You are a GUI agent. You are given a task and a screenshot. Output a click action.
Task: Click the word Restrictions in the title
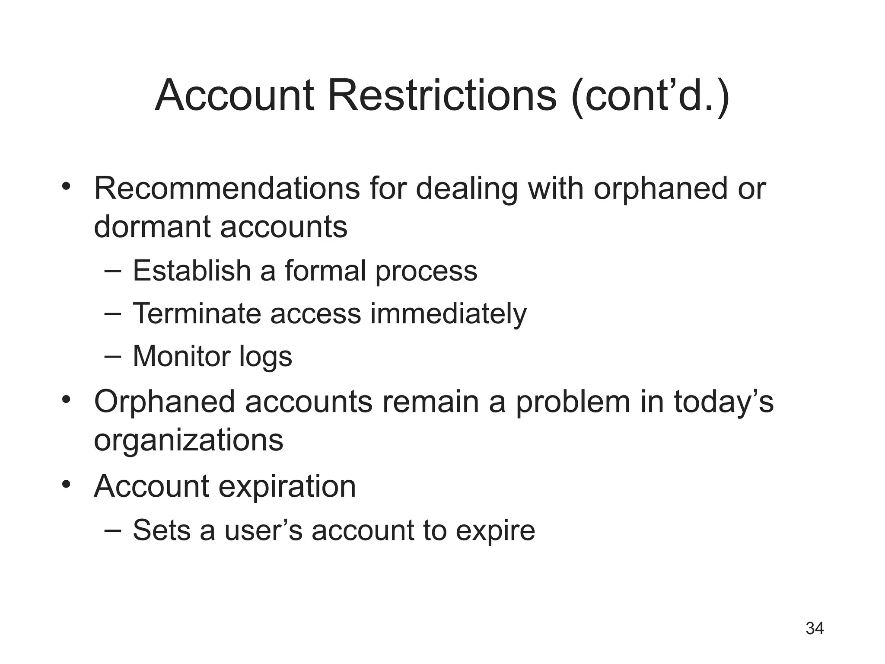pos(442,96)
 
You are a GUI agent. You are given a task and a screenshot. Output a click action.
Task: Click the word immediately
pos(448,314)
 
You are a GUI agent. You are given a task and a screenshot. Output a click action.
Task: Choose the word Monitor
pos(180,357)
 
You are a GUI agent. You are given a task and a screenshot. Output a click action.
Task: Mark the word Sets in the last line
pos(161,530)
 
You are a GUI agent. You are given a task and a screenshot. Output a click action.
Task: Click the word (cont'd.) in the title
pos(649,96)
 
